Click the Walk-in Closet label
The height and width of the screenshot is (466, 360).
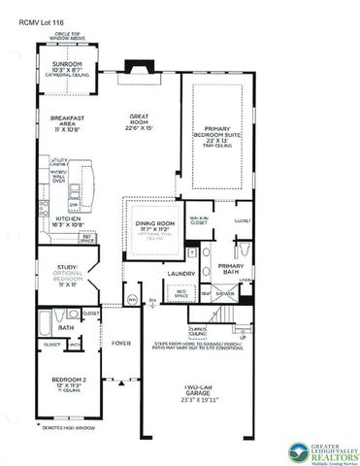point(199,221)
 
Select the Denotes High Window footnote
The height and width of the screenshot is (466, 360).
point(67,429)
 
